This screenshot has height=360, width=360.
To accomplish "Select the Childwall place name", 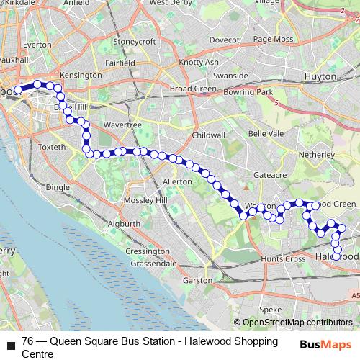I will (210, 135).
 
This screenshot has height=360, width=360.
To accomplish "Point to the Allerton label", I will (178, 182).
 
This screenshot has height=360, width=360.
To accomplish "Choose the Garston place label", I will (198, 280).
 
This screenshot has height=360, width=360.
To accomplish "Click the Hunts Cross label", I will (282, 258).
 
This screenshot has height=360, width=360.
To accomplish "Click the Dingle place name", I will (58, 186).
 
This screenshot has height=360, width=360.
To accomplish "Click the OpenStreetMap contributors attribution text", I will (297, 323).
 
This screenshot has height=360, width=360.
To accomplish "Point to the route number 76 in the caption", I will (28, 341).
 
